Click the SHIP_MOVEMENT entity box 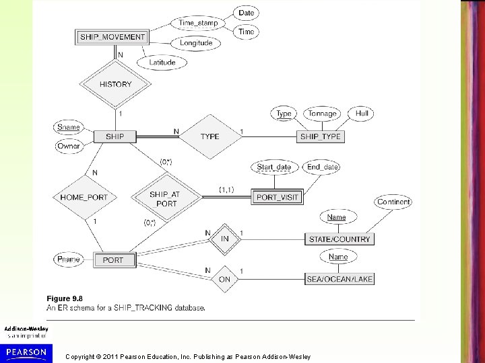point(112,37)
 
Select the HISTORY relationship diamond point(115,85)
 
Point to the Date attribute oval point(247,13)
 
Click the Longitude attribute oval point(196,43)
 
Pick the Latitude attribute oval point(162,63)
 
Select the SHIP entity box point(115,136)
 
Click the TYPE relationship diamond point(209,136)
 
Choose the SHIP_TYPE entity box point(321,136)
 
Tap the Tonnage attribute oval point(322,114)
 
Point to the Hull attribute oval point(362,114)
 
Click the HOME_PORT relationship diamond point(84,197)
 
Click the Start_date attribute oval point(274,167)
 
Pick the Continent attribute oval point(394,202)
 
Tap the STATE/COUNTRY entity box point(339,239)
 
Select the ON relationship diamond point(224,278)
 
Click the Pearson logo point(26,352)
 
